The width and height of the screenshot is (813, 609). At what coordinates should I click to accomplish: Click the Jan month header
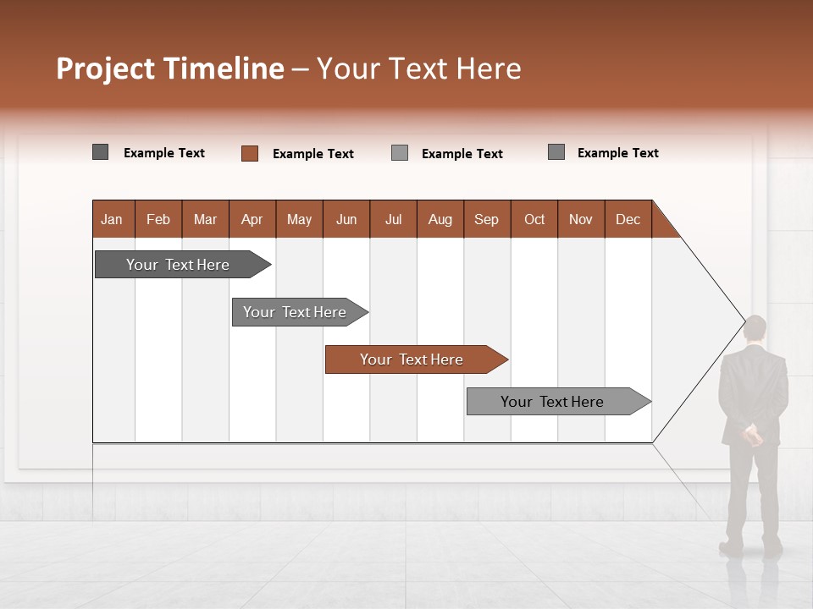tap(113, 219)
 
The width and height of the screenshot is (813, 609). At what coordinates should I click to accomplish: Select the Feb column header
tap(158, 219)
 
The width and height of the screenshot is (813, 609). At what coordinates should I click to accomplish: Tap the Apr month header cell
tap(252, 219)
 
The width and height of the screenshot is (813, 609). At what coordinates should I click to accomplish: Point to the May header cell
tap(299, 219)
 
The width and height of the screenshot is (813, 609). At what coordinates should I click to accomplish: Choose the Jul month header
tap(393, 219)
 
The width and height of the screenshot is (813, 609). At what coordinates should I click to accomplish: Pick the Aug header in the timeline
tap(440, 219)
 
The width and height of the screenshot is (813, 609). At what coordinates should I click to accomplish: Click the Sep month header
tap(487, 219)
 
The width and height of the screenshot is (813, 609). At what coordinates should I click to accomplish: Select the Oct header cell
tap(534, 219)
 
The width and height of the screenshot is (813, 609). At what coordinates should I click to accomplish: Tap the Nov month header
tap(581, 219)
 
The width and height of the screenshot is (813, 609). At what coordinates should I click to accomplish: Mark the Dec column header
tap(628, 219)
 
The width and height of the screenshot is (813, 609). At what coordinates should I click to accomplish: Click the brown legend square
tap(250, 153)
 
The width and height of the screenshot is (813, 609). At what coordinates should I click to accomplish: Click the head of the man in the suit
tap(755, 329)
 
